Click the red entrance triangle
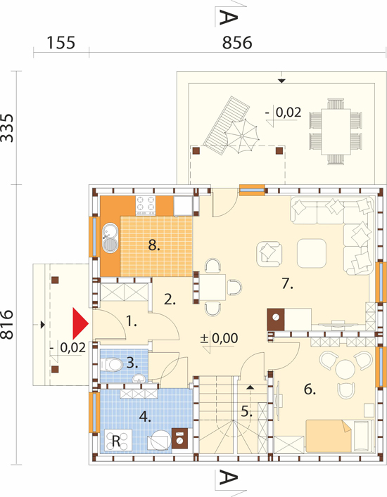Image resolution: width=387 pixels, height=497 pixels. coord(79,323)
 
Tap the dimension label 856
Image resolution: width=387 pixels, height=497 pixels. coord(237,42)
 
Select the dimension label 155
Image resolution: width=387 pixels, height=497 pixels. coord(61,42)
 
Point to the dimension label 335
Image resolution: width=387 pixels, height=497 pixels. coord(7,128)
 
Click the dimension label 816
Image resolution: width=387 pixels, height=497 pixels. coord(7,325)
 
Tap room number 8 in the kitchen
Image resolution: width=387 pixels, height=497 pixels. coord(154,245)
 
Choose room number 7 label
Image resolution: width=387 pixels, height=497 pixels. coord(287,284)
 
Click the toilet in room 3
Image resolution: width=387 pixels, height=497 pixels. coord(111,365)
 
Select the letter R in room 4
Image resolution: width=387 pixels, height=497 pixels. coord(116,441)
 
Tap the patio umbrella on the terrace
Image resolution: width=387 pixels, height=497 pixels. coord(243,136)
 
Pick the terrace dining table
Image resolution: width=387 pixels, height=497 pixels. coord(336,131)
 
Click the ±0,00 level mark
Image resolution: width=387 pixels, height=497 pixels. coord(219,339)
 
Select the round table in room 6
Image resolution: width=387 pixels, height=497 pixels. coord(345,368)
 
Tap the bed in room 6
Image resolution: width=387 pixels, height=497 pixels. coord(339,436)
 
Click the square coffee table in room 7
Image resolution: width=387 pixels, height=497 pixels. coord(312,253)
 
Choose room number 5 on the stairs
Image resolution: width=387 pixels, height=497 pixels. coord(246,411)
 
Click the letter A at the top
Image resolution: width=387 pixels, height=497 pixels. coord(229,18)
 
